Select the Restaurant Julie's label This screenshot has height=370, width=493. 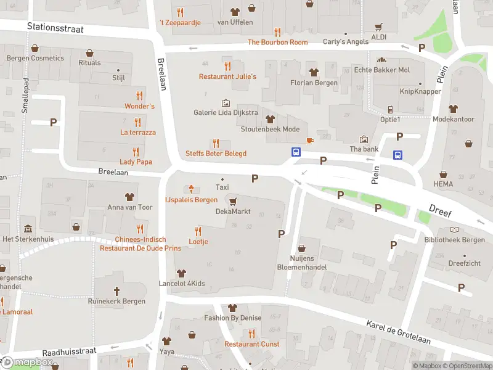pyautogui.click(x=227, y=76)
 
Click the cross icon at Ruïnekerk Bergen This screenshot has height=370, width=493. pyautogui.click(x=117, y=290)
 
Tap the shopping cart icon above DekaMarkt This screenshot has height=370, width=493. pyautogui.click(x=232, y=200)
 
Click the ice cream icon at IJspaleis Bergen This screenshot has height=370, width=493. pyautogui.click(x=192, y=189)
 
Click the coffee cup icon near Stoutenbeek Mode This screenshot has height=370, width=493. pyautogui.click(x=310, y=141)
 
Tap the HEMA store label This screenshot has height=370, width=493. pyautogui.click(x=442, y=184)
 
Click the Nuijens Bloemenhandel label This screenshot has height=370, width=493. pyautogui.click(x=308, y=263)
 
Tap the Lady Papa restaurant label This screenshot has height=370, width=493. pyautogui.click(x=136, y=162)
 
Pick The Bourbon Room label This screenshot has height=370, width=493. pyautogui.click(x=277, y=43)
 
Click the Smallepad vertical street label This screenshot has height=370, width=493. pyautogui.click(x=25, y=94)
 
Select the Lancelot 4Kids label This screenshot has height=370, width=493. pyautogui.click(x=181, y=284)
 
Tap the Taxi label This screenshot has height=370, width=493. pyautogui.click(x=222, y=187)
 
